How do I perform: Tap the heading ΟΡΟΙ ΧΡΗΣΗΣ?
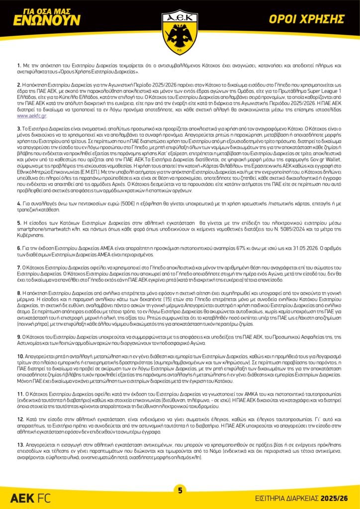coord(314,19)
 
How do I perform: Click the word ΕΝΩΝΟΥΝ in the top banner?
coord(47,20)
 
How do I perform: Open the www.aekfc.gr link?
coord(32,115)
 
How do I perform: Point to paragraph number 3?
coord(19,128)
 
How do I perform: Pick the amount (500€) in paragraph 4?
coord(127,204)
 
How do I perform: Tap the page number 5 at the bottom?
coord(180,490)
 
